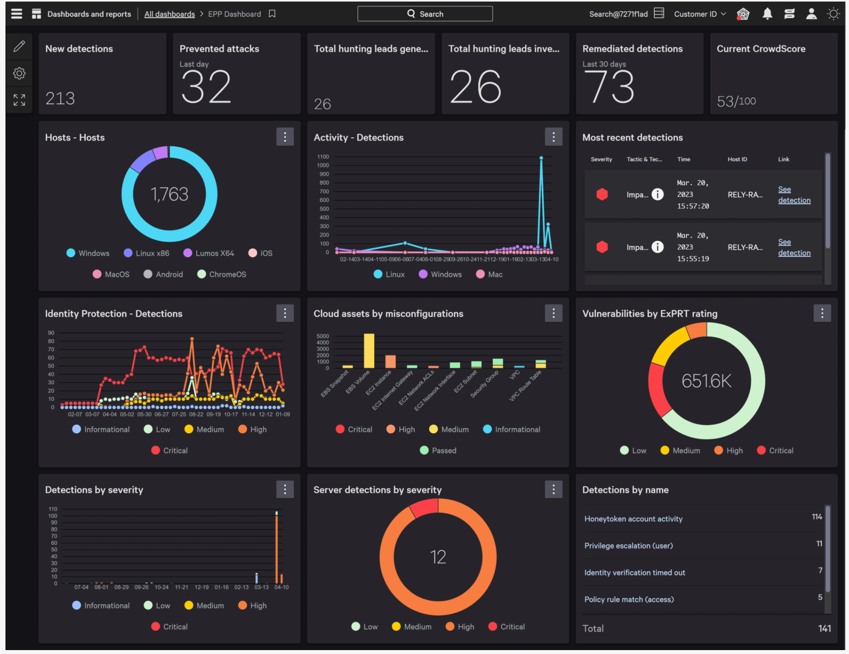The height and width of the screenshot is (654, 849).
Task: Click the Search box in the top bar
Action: (x=424, y=14)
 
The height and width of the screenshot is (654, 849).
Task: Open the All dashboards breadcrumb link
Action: (x=169, y=14)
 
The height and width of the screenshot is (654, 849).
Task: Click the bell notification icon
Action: (x=767, y=14)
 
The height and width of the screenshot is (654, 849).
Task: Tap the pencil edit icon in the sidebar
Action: (x=19, y=46)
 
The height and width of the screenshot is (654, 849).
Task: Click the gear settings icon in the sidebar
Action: (x=19, y=73)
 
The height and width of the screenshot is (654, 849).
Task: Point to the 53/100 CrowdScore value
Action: (x=736, y=101)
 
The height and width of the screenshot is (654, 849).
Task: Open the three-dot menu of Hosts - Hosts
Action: (x=285, y=137)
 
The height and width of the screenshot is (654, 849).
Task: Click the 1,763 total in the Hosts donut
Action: (x=169, y=194)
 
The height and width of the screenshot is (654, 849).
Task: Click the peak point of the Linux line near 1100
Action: (x=541, y=158)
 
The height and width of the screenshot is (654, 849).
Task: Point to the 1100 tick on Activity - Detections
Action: (x=323, y=157)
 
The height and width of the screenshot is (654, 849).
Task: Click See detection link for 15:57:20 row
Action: (x=794, y=195)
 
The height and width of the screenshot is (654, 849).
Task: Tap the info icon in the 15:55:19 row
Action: (x=657, y=247)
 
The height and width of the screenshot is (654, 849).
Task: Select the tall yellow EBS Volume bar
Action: (x=369, y=350)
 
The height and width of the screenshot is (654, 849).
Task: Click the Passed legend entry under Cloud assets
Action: (x=444, y=451)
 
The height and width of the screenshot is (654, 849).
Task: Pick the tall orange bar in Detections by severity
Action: (x=277, y=548)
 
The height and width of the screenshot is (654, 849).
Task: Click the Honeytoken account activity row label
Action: (x=633, y=519)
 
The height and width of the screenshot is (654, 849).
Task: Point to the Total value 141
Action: (x=824, y=629)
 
